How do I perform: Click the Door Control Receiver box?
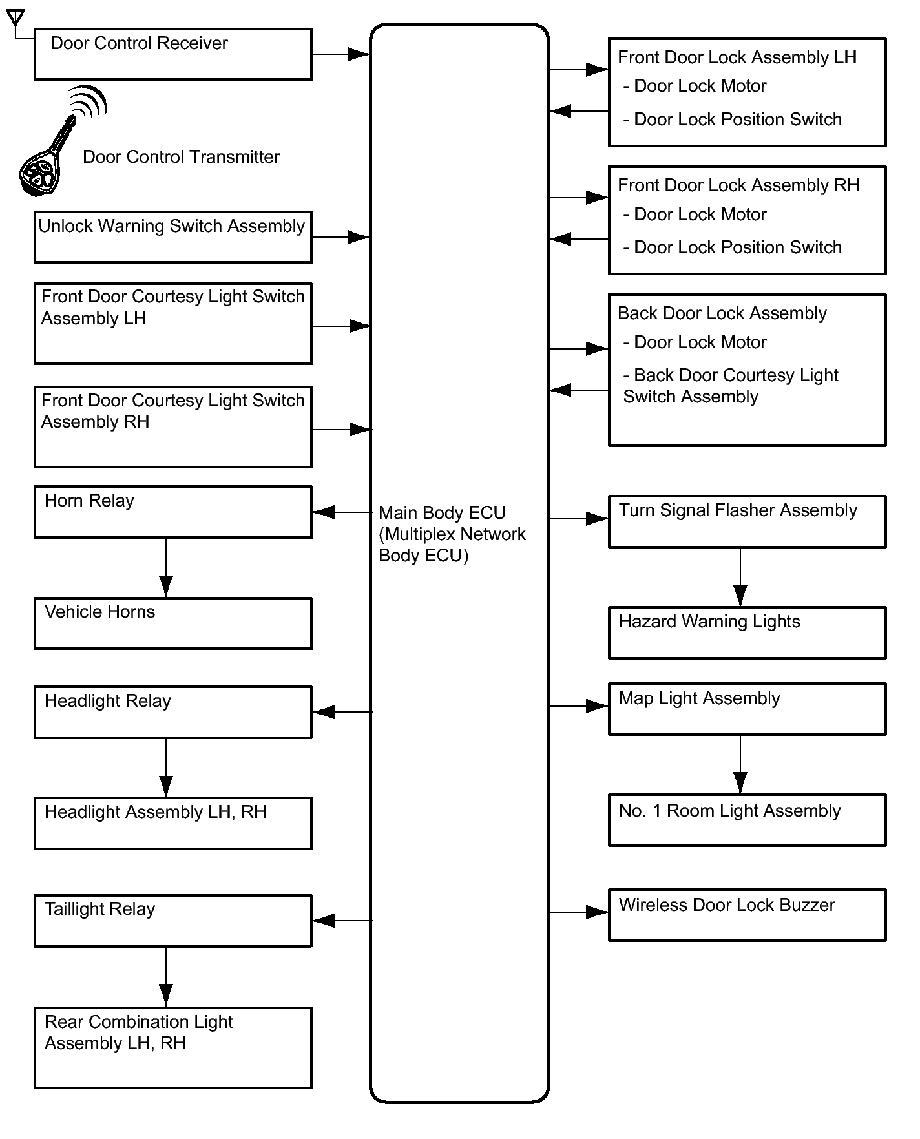pyautogui.click(x=173, y=54)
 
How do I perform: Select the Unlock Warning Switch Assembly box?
pyautogui.click(x=173, y=237)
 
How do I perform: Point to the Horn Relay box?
pyautogui.click(x=173, y=512)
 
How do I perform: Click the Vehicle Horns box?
pyautogui.click(x=173, y=623)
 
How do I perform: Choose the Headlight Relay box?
pyautogui.click(x=173, y=712)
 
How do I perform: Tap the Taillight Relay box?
pyautogui.click(x=173, y=921)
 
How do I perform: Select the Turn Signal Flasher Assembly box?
pyautogui.click(x=747, y=521)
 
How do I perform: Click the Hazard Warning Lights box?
pyautogui.click(x=747, y=632)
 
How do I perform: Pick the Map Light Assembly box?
pyautogui.click(x=747, y=709)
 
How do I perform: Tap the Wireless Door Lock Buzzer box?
pyautogui.click(x=747, y=915)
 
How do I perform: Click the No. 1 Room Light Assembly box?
pyautogui.click(x=747, y=820)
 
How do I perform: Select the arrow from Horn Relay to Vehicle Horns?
pyautogui.click(x=166, y=568)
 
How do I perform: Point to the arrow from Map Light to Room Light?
pyautogui.click(x=740, y=765)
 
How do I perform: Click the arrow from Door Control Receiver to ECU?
pyautogui.click(x=341, y=54)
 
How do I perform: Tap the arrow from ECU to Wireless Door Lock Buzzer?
pyautogui.click(x=579, y=912)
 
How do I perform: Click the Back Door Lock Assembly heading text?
pyautogui.click(x=722, y=313)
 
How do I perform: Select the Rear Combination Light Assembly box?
pyautogui.click(x=173, y=1048)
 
